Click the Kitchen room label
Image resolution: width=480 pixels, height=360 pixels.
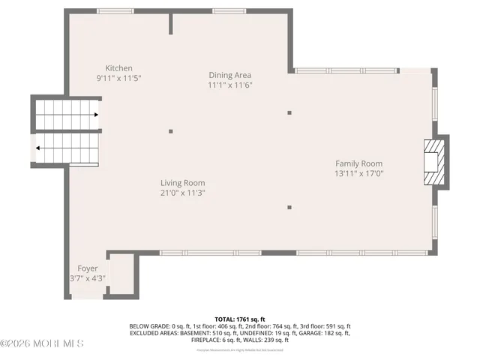pos(118,68)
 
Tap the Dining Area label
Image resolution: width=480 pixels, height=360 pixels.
pos(229,75)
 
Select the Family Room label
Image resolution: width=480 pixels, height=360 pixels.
pos(358,163)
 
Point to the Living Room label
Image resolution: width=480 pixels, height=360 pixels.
pos(182,183)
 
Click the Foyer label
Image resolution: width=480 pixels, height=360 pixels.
pos(88,268)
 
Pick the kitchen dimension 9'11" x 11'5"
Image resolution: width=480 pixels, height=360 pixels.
pos(118,78)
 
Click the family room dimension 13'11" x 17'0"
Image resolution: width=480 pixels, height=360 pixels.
pos(358,173)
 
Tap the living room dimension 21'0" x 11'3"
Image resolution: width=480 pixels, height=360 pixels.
pos(182,193)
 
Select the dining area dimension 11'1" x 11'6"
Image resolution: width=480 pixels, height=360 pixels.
pos(229,85)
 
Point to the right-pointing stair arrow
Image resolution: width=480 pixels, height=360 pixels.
pos(96,115)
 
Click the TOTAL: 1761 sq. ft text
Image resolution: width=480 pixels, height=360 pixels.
pos(240,319)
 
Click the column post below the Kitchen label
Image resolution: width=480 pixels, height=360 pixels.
pos(171,131)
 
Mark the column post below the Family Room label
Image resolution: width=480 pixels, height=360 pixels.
pos(289,206)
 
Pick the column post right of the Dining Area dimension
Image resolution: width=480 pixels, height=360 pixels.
pos(289,113)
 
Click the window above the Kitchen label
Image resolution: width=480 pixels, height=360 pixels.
pos(115,11)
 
